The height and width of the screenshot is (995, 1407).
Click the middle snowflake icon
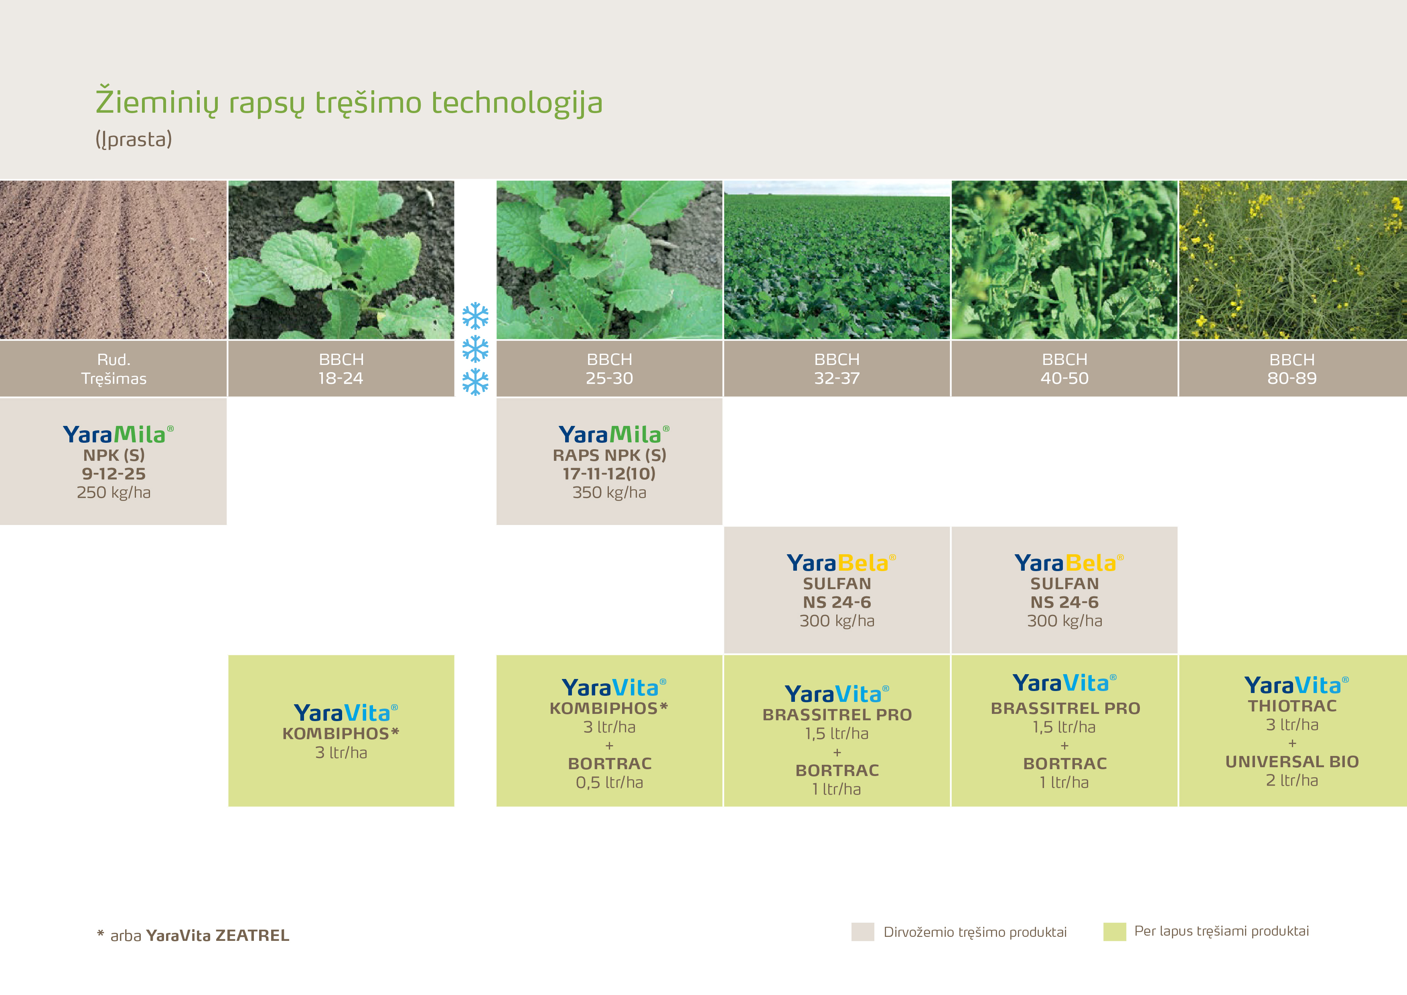coord(476,349)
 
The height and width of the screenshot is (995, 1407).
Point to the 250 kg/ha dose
coord(114,492)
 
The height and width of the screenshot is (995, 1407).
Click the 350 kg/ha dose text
coord(609,492)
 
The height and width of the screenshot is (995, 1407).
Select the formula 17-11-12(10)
coord(609,474)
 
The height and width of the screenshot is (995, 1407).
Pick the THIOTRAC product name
coord(1292,706)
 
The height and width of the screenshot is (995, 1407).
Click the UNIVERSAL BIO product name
coord(1292,762)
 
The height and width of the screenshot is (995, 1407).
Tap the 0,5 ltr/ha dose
coord(609,782)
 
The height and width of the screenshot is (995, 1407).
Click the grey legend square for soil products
coord(863,932)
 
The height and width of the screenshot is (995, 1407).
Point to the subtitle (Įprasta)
coord(134,139)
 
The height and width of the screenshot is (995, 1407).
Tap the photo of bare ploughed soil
coord(114,260)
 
